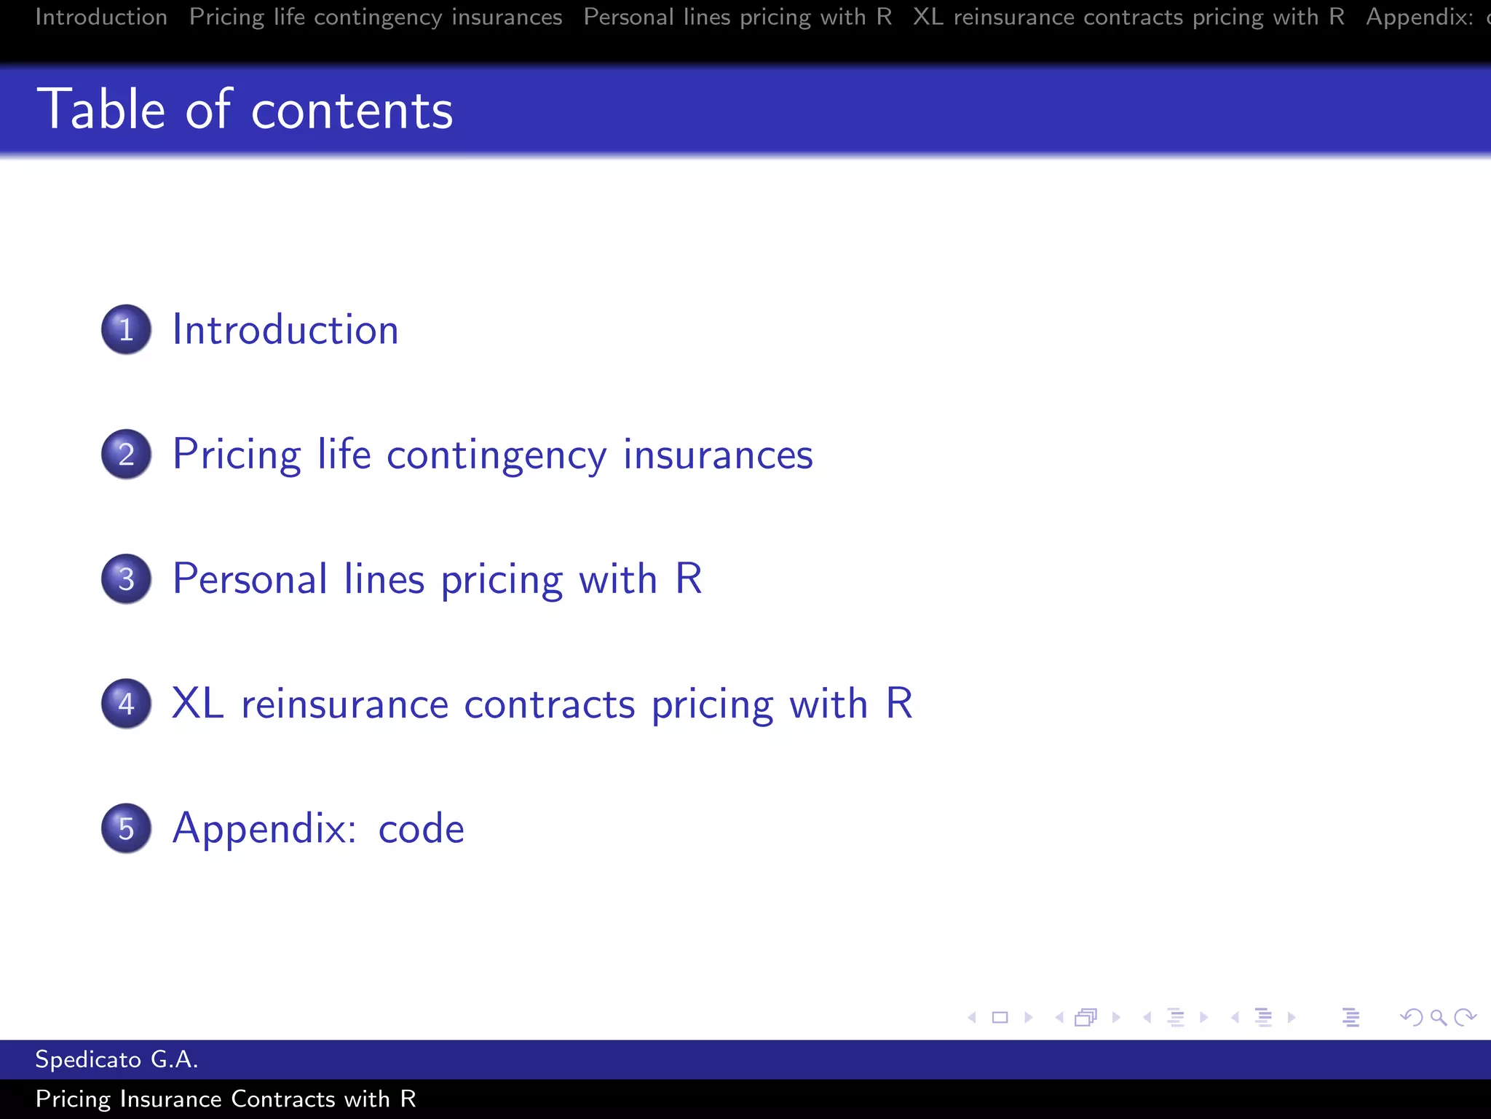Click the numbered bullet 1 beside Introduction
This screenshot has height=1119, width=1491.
click(126, 329)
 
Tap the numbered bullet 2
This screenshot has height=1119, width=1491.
click(126, 454)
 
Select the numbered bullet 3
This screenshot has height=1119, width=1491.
click(126, 579)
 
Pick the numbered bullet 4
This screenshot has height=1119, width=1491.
click(126, 704)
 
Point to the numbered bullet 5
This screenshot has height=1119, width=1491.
click(126, 828)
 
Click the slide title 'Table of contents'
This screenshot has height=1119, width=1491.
click(245, 109)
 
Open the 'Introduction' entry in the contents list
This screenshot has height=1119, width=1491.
click(285, 329)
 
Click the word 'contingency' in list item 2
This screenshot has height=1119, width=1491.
click(496, 455)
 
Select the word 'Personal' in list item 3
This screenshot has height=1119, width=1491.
click(250, 579)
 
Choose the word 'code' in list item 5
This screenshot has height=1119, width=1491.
click(421, 828)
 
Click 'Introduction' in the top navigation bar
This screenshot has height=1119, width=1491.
click(101, 17)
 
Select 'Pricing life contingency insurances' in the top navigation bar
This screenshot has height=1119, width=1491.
click(376, 17)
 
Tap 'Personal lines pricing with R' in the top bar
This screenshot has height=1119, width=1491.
click(737, 17)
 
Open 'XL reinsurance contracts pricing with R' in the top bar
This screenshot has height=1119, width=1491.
click(1128, 17)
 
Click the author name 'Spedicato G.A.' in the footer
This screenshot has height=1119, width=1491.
click(116, 1059)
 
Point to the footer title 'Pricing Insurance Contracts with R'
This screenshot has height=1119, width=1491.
click(226, 1099)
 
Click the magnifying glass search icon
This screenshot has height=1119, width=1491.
click(1438, 1017)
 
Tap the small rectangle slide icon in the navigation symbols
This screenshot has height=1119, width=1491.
click(1000, 1017)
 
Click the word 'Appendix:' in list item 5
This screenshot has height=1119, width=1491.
click(264, 828)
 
